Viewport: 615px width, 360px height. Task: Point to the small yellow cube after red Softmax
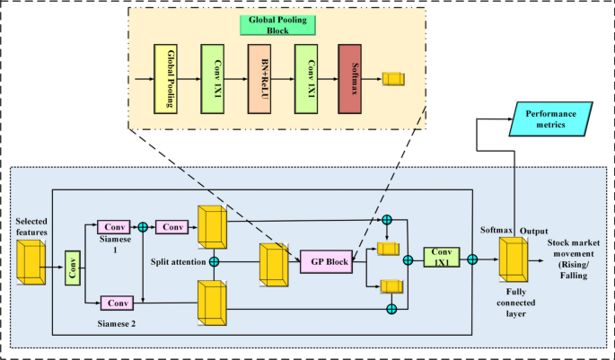pyautogui.click(x=393, y=80)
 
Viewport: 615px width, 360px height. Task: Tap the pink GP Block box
pyautogui.click(x=326, y=260)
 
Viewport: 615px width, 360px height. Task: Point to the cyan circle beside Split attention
pyautogui.click(x=215, y=262)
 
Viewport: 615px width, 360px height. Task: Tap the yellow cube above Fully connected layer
pyautogui.click(x=514, y=260)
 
